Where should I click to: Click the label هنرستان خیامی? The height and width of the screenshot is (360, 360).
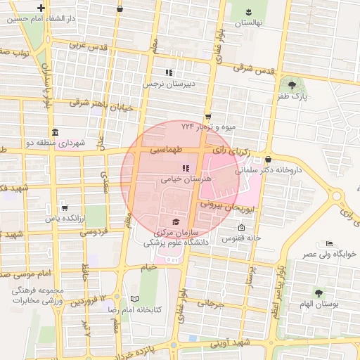[181, 179]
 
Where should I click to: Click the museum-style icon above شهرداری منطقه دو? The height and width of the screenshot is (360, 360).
[56, 132]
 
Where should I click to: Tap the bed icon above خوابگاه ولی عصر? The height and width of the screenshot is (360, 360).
[330, 243]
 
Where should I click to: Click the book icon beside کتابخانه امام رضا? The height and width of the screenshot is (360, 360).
[126, 299]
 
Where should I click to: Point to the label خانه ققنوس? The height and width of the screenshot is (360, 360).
[242, 238]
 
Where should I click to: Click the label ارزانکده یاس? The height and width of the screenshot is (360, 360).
[65, 219]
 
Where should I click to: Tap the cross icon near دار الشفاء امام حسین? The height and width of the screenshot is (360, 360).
[41, 9]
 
